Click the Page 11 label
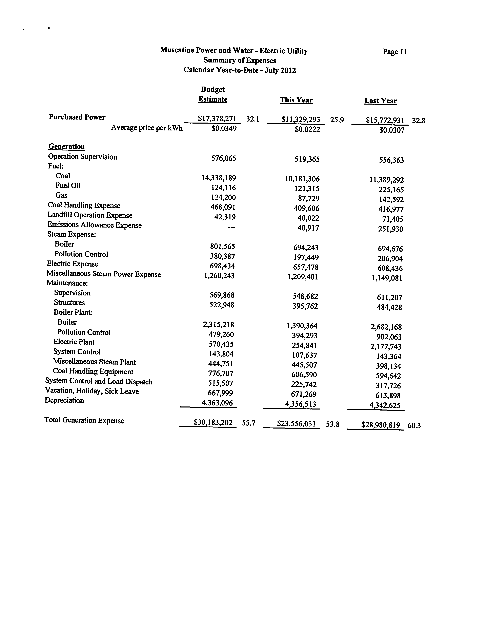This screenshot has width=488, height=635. (x=395, y=52)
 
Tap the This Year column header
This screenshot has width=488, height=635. (x=296, y=100)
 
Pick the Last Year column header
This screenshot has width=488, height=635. (x=381, y=101)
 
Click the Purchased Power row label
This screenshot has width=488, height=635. (x=77, y=117)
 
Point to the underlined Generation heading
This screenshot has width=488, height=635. (x=66, y=147)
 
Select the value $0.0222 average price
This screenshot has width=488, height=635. (x=307, y=129)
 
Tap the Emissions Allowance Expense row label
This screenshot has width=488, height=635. (x=94, y=225)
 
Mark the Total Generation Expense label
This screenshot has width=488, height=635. (x=84, y=420)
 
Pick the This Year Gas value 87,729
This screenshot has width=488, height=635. (x=308, y=199)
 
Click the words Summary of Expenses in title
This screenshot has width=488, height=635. (x=240, y=60)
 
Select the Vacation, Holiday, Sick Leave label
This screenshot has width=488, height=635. (x=92, y=391)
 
